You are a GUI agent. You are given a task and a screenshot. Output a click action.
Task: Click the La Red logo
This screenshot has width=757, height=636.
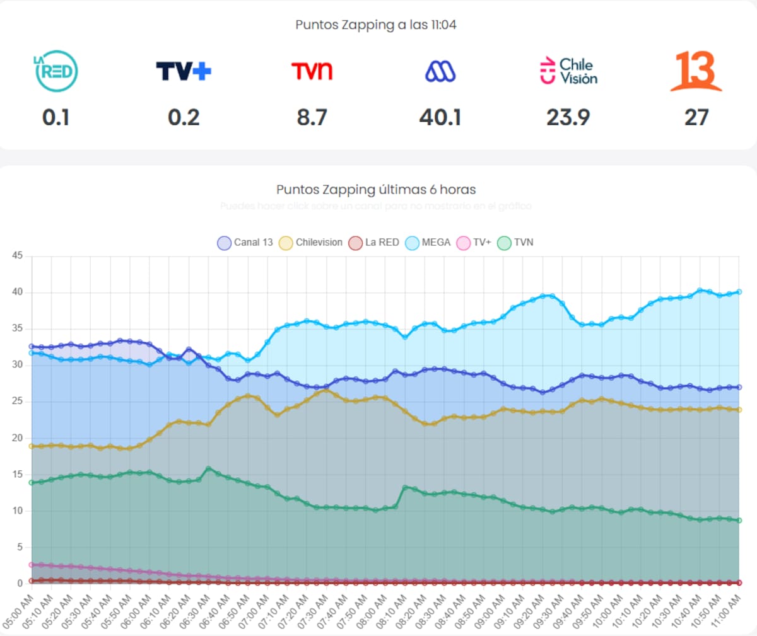coord(56,71)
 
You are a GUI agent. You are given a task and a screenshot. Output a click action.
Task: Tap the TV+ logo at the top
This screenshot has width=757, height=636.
coord(184,71)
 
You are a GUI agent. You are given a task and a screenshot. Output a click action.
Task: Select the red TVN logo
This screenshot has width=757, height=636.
coord(312,71)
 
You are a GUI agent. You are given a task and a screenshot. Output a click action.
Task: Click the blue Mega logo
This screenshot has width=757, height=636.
coord(440,71)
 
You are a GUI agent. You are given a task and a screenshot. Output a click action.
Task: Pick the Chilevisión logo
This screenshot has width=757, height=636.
coord(568,71)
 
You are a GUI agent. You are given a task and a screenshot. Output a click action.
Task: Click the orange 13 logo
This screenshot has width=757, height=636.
coord(696,71)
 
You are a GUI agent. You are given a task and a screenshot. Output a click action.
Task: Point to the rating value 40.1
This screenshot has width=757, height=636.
coord(440,117)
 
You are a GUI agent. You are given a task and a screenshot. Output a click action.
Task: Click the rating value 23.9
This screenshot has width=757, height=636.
coord(568,117)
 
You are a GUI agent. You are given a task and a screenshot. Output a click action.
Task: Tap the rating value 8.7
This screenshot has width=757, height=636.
coord(312,117)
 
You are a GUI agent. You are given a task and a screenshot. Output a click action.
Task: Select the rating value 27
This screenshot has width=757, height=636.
coord(696,117)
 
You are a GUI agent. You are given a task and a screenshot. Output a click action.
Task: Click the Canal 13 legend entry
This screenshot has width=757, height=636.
coord(245,243)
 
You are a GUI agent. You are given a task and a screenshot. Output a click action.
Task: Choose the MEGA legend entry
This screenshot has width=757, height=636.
coord(428,243)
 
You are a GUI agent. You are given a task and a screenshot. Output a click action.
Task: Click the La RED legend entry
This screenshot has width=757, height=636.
coord(374,243)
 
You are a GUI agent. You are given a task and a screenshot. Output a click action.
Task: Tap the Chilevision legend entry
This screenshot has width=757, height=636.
coord(311,243)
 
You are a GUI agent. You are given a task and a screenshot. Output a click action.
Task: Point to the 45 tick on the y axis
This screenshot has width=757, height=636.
coord(17,256)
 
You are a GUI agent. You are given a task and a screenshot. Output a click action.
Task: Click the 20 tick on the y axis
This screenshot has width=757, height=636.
coord(17,438)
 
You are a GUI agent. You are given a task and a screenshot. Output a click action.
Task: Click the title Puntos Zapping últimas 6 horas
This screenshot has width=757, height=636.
coord(376,189)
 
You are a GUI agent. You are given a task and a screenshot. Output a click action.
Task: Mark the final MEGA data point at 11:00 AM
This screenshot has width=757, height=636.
coord(739,292)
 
